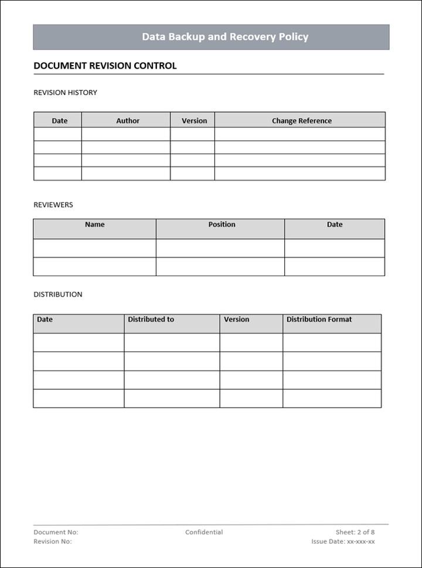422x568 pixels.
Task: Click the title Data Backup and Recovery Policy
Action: tap(225, 37)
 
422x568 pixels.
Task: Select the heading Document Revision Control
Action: tap(105, 66)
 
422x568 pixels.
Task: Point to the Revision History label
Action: tap(65, 93)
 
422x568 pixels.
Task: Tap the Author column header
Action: tap(128, 121)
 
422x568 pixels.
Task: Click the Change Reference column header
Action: tap(301, 121)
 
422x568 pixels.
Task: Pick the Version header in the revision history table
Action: tap(194, 121)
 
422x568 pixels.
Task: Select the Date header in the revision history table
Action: tap(60, 121)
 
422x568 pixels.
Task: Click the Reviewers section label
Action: tap(53, 205)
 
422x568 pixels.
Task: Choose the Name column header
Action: tap(95, 225)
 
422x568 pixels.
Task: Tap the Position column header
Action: tap(222, 225)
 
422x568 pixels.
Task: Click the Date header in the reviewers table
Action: tap(335, 225)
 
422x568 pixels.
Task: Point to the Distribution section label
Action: tap(58, 294)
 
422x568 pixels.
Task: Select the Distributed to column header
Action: tap(151, 319)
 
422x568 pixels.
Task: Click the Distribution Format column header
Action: tap(319, 319)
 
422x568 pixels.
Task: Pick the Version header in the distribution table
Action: tap(236, 319)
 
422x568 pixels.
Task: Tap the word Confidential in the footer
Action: tap(204, 532)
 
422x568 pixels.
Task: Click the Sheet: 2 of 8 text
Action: tap(355, 532)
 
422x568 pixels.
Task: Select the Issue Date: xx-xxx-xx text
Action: tap(343, 542)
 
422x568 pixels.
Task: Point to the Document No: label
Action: tap(56, 532)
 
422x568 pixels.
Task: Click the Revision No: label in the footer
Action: tap(53, 542)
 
